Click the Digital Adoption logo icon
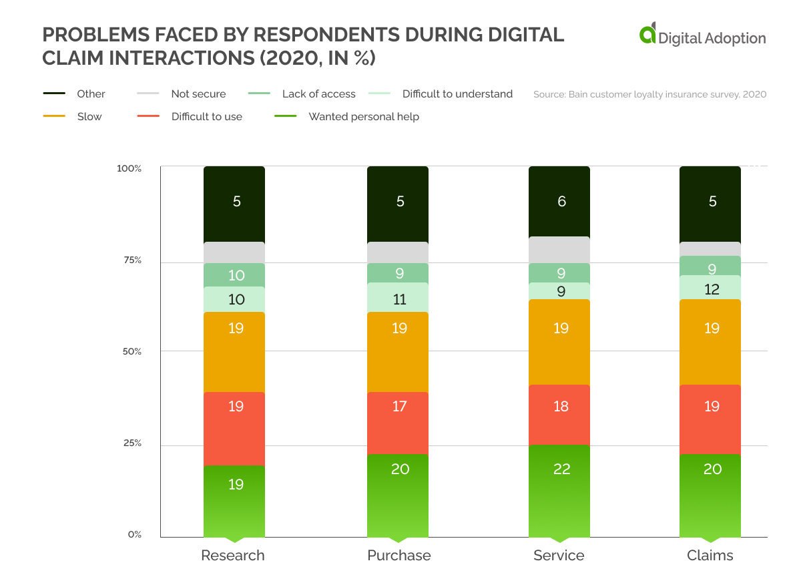point(647,34)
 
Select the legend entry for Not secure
point(198,94)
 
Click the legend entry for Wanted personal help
point(363,117)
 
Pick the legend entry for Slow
point(89,117)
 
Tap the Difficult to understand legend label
point(457,94)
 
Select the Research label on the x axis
point(233,556)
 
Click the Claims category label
point(710,556)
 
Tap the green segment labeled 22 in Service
point(559,491)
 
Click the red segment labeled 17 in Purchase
point(398,423)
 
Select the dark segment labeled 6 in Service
point(559,201)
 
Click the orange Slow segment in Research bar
point(234,352)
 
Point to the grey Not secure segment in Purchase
point(398,252)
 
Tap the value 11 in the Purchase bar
point(399,299)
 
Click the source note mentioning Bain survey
point(649,95)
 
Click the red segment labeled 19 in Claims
point(710,419)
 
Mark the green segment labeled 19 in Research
point(234,501)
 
